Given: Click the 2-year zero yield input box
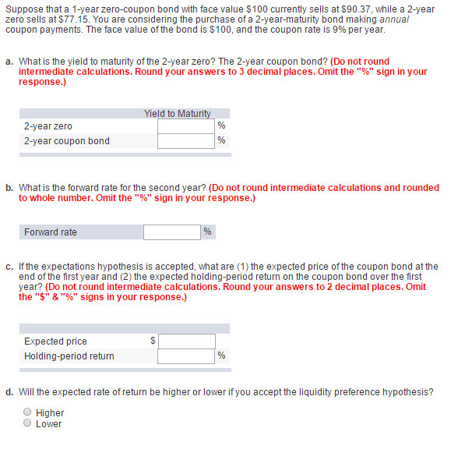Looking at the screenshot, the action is pyautogui.click(x=185, y=126).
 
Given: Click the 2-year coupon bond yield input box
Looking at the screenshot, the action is pyautogui.click(x=185, y=141).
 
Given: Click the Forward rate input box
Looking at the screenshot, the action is pyautogui.click(x=171, y=232).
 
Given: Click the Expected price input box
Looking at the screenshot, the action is pyautogui.click(x=187, y=341).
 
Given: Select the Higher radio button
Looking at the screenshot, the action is pyautogui.click(x=27, y=412).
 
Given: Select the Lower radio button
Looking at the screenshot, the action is pyautogui.click(x=27, y=423).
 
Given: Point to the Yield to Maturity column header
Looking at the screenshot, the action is pyautogui.click(x=177, y=114).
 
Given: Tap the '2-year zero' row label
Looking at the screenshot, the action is pyautogui.click(x=48, y=126).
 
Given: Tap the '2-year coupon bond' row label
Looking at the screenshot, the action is pyautogui.click(x=66, y=141).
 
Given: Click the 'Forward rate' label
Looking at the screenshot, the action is pyautogui.click(x=51, y=232).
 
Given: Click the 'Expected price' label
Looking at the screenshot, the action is pyautogui.click(x=55, y=341).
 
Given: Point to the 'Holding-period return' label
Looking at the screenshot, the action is pyautogui.click(x=69, y=356).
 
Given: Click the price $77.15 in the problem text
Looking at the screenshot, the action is pyautogui.click(x=75, y=19).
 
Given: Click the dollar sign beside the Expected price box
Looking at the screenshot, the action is pyautogui.click(x=153, y=341).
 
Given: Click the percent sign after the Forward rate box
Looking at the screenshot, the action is pyautogui.click(x=207, y=232).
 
